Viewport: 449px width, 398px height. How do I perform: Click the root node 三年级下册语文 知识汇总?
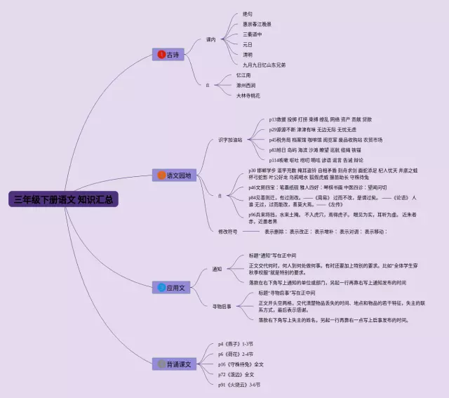point(64,199)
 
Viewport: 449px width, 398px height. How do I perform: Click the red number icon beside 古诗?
point(161,54)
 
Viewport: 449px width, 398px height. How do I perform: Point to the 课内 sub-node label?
point(211,39)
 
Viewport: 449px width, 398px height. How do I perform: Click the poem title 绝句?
point(248,14)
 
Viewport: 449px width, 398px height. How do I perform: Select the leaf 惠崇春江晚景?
point(257,24)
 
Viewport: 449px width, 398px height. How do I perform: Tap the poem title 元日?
point(248,44)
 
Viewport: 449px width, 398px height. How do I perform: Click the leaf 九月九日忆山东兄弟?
point(264,65)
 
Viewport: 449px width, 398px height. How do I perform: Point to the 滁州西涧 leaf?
point(246,85)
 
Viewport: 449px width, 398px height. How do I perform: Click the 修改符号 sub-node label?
point(228,231)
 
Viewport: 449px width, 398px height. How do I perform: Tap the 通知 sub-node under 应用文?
point(217,269)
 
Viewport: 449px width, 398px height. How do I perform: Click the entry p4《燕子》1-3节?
point(235,345)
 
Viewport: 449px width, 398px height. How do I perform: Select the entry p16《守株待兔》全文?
point(241,364)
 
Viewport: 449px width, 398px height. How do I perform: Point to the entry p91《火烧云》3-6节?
point(239,385)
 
